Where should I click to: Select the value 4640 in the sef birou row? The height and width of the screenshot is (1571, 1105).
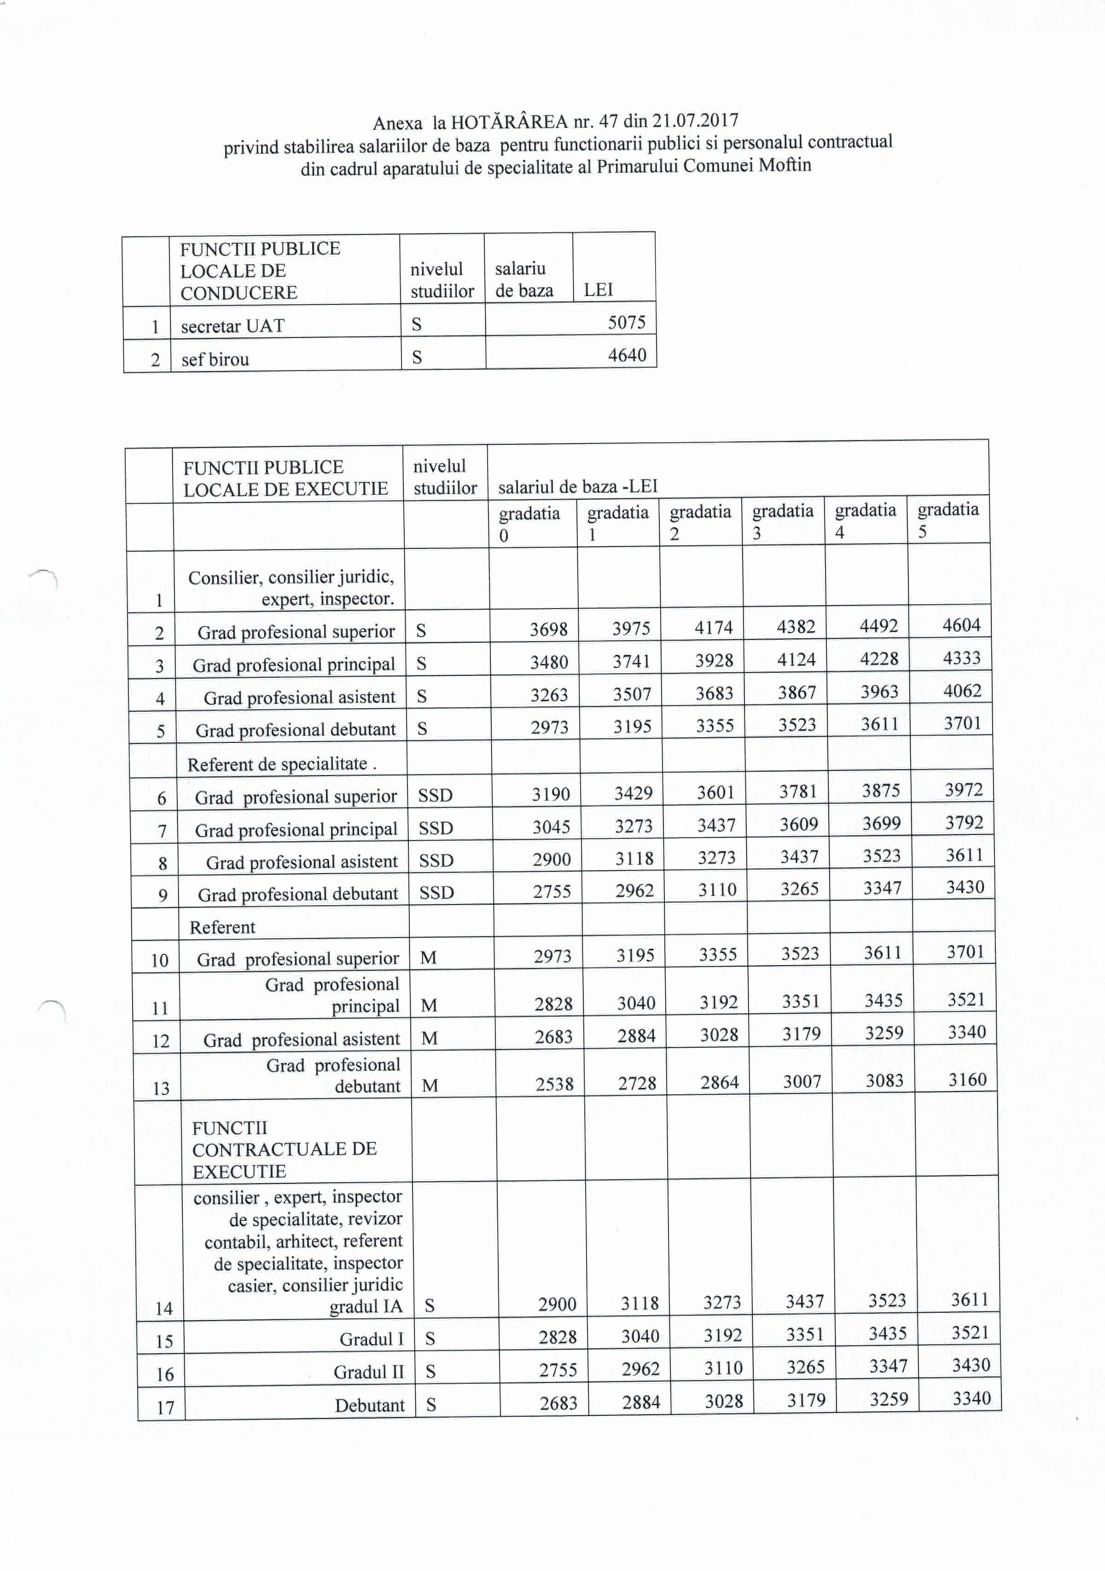pos(627,355)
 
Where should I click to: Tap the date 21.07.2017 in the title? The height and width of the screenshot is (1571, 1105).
pos(694,121)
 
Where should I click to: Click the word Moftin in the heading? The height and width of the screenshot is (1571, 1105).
pos(785,165)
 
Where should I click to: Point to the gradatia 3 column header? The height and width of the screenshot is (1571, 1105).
pos(783,521)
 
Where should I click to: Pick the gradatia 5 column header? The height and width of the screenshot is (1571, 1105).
pos(948,520)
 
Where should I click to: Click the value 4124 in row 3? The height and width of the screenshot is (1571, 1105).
pos(796,659)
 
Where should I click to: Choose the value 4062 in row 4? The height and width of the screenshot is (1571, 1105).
pos(962,691)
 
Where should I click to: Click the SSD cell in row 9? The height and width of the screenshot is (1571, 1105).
pos(436,893)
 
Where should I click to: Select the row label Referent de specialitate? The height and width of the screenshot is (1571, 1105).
pos(281,764)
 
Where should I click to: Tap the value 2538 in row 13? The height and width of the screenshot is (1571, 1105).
pos(554,1084)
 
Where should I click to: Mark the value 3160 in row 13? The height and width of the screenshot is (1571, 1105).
pos(967,1080)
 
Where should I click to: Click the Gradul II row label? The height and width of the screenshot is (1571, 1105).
pos(368,1373)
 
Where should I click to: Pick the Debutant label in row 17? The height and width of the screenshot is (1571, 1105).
pos(370,1405)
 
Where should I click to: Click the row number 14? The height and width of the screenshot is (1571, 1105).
pos(163,1309)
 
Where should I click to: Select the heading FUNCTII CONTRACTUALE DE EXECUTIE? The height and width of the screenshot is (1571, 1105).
pos(284,1149)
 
